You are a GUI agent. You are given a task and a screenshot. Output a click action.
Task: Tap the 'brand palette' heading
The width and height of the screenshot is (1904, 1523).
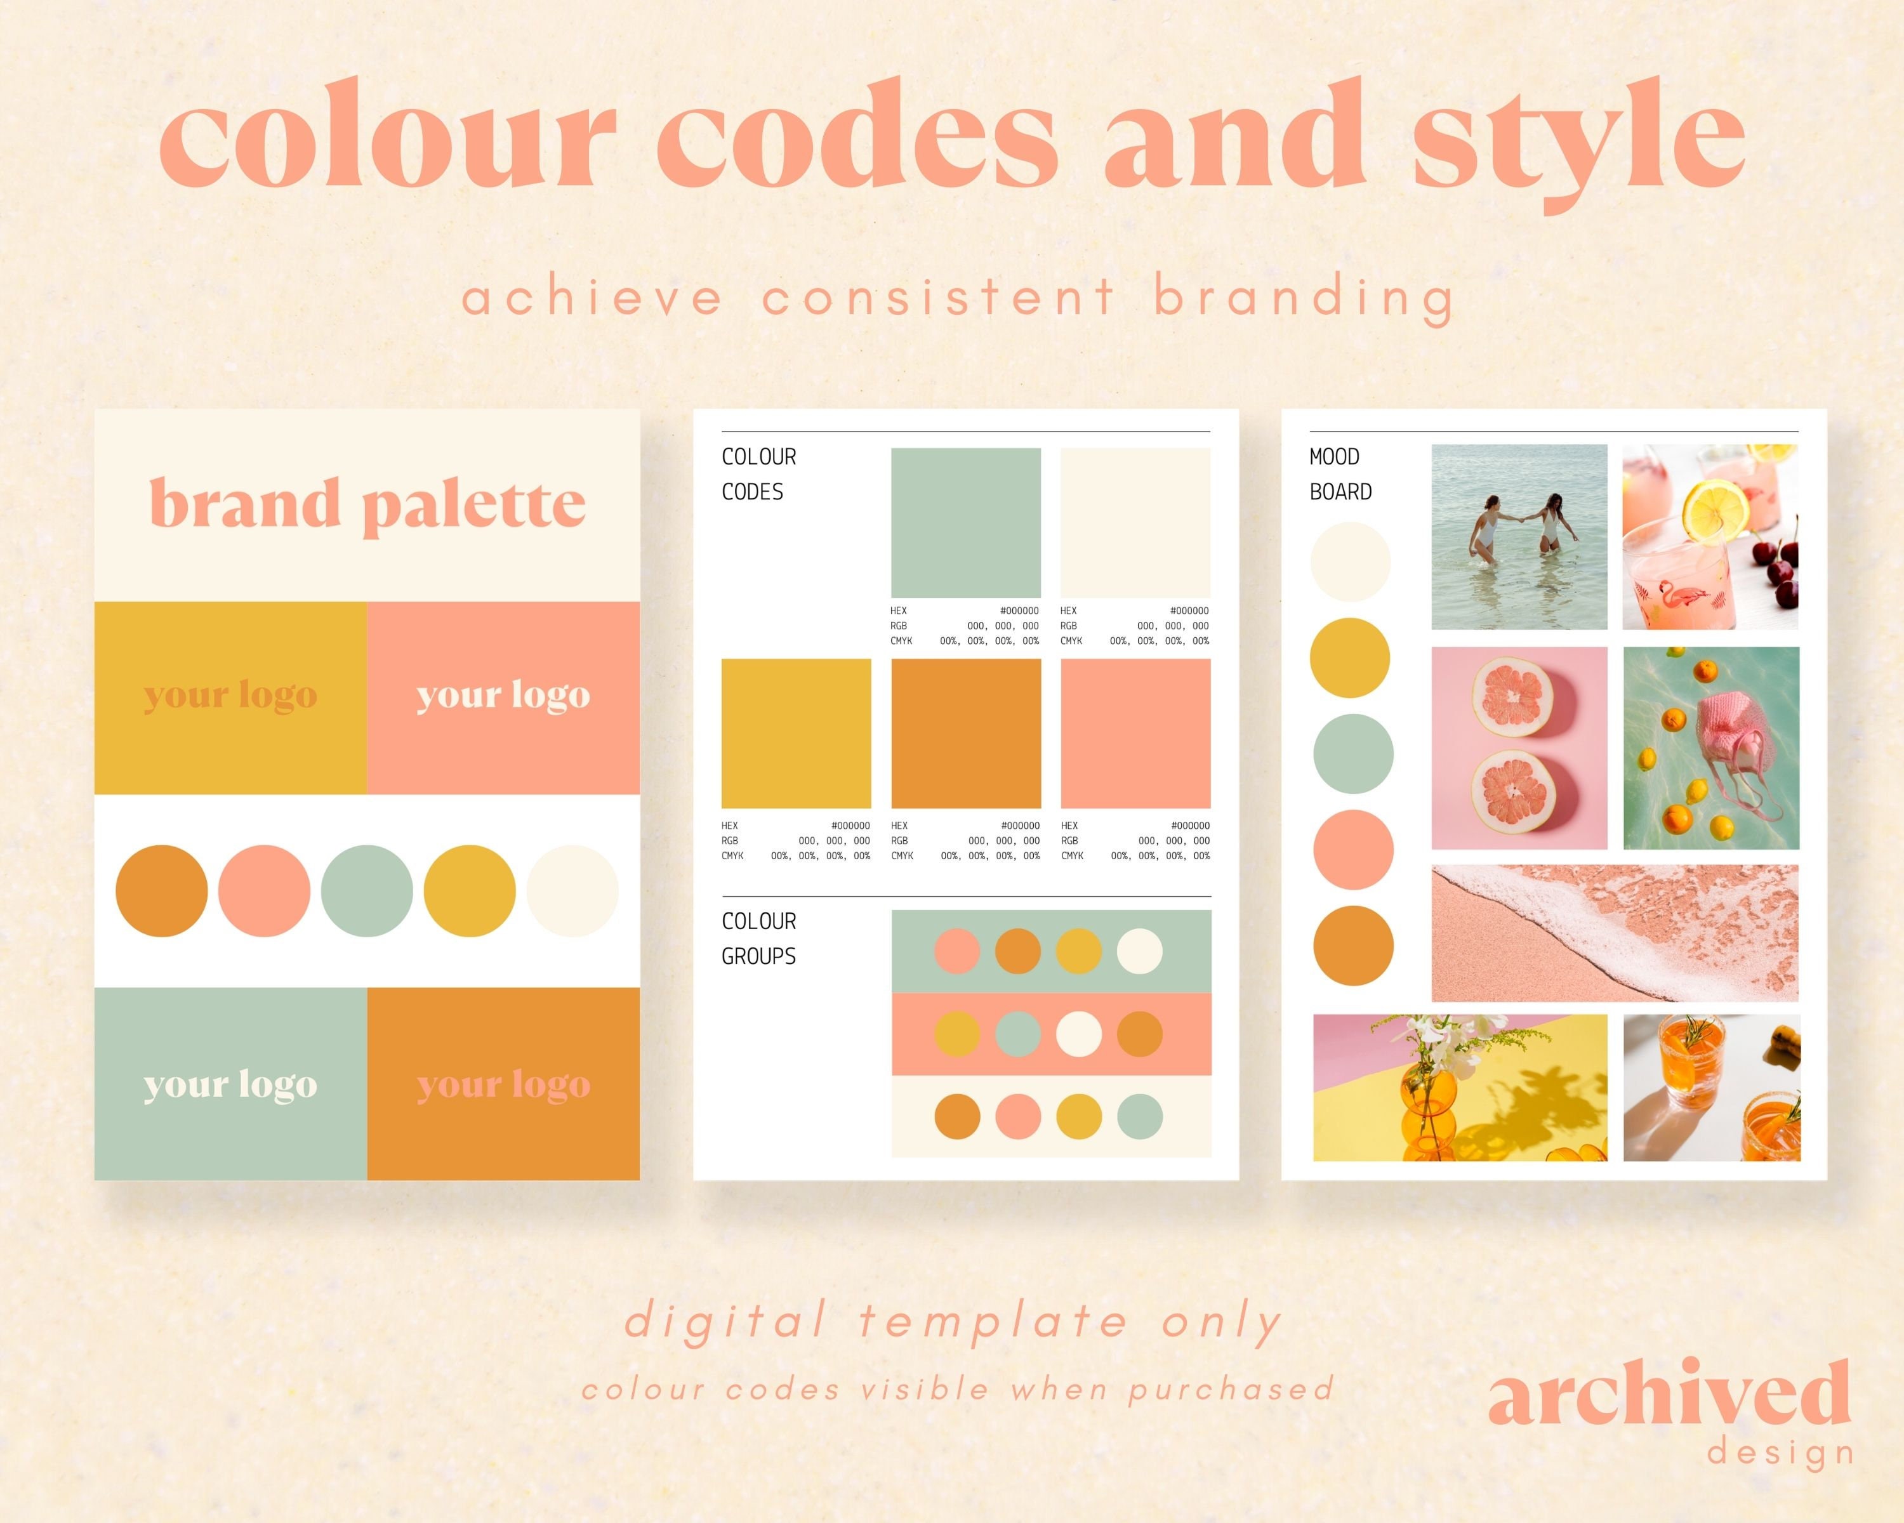click(x=367, y=503)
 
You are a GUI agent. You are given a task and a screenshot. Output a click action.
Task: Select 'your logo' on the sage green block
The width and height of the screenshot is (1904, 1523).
click(x=230, y=1085)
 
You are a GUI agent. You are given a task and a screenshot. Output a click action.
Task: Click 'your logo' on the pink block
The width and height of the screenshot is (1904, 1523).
click(x=503, y=695)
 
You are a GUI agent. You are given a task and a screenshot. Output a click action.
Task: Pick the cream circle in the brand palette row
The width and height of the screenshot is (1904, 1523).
click(x=572, y=891)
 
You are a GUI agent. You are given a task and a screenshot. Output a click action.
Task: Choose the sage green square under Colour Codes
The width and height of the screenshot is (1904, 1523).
click(x=965, y=523)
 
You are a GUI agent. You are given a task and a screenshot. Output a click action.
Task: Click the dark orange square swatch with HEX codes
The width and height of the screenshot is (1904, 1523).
click(x=965, y=733)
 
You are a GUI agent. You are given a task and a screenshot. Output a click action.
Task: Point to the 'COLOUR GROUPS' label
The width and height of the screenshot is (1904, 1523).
click(x=758, y=939)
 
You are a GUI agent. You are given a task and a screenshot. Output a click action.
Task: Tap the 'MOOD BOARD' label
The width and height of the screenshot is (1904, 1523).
click(x=1340, y=474)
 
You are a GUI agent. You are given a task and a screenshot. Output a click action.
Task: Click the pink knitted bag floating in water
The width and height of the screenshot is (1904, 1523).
click(x=1731, y=733)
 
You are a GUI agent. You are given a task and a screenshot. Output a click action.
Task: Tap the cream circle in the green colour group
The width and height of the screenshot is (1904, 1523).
click(x=1139, y=952)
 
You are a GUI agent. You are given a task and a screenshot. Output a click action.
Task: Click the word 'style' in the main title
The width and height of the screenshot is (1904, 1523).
click(x=1578, y=142)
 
